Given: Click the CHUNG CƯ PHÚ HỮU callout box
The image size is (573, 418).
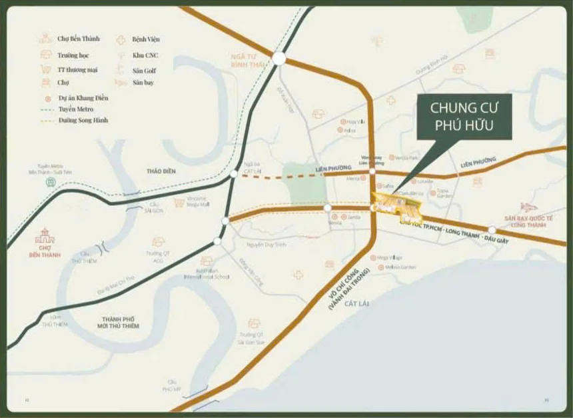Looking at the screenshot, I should [x=464, y=117].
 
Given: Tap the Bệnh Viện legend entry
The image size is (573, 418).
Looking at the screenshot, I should [x=145, y=39].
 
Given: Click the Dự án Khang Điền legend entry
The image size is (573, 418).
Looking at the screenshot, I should [x=83, y=98].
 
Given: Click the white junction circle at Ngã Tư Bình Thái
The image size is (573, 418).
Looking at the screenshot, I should [x=279, y=59].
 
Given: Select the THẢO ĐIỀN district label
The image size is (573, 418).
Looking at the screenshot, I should [x=161, y=171].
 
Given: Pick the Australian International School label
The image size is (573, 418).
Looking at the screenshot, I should [x=207, y=275].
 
